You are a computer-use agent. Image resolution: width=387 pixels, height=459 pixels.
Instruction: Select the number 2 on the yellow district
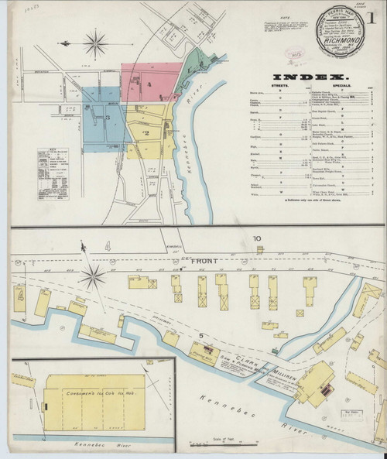click(145, 133)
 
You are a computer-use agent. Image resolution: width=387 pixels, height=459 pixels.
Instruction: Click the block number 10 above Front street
click(256, 238)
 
